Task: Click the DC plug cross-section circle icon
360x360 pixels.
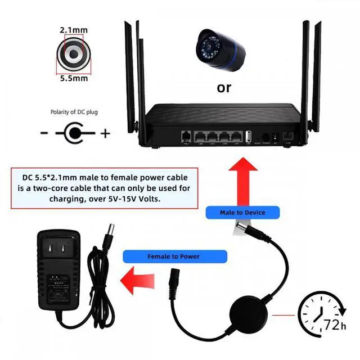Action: pos(74,53)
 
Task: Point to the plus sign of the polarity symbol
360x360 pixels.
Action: pos(105,134)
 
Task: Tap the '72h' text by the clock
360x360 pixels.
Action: pos(331,326)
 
